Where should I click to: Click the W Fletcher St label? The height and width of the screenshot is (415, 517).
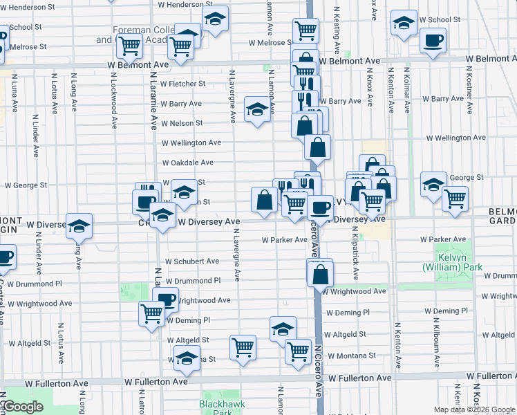tap(183, 84)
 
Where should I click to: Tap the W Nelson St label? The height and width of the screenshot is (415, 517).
tap(182, 123)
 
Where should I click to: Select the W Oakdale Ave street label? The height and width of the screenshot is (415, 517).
tap(187, 163)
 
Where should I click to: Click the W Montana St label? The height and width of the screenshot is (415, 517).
tap(352, 355)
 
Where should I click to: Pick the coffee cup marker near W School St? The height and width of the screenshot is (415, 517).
tap(433, 39)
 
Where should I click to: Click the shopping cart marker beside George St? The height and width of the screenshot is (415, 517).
tap(454, 198)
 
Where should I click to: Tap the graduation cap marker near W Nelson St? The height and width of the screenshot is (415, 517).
tap(257, 109)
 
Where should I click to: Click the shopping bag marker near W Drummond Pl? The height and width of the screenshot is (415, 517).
tap(321, 273)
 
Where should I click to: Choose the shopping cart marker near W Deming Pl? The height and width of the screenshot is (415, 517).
tap(151, 313)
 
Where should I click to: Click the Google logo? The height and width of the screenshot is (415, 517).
tap(22, 407)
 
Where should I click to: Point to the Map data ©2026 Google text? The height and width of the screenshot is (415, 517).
tap(474, 409)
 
